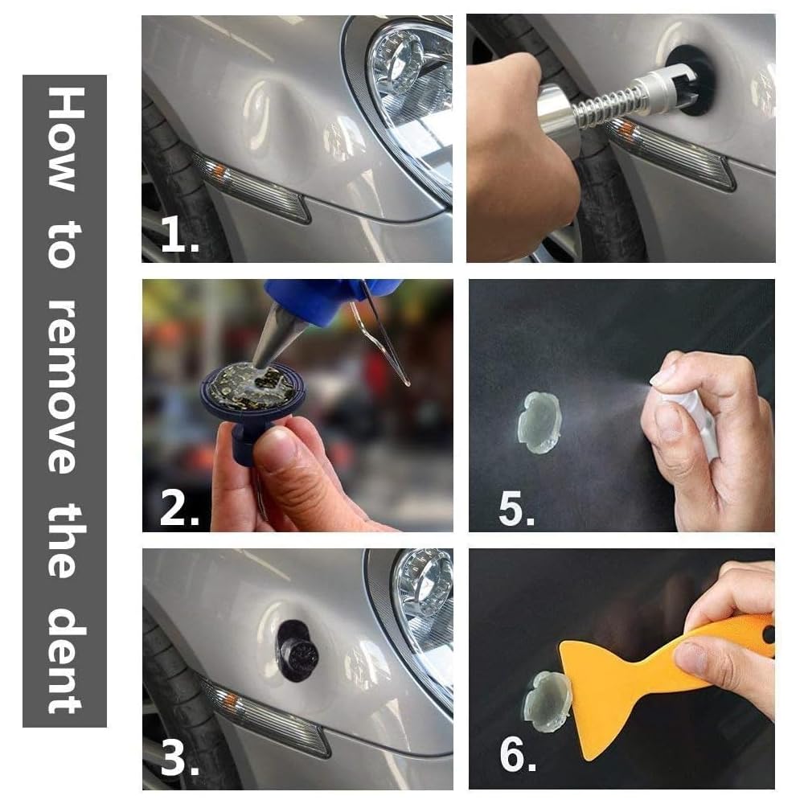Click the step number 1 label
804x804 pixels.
tap(179, 234)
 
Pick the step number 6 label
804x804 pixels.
tap(518, 754)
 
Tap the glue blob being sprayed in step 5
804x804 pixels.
tap(539, 422)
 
